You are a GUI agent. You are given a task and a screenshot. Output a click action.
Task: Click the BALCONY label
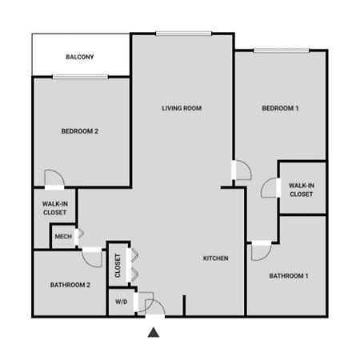click(80, 57)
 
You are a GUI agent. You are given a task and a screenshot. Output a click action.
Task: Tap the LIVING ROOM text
click(182, 108)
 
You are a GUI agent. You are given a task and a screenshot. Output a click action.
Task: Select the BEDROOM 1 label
click(280, 108)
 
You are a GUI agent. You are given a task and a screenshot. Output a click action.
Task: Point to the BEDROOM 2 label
click(80, 131)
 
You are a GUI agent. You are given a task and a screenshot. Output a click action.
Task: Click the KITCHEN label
click(215, 258)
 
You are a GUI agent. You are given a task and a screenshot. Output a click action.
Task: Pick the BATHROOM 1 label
click(289, 276)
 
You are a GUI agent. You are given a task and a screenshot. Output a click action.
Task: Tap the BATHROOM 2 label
click(70, 285)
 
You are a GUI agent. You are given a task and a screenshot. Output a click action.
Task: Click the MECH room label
click(63, 237)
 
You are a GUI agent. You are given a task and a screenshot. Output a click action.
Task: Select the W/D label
click(121, 302)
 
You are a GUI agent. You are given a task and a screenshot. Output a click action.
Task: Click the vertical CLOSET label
click(118, 266)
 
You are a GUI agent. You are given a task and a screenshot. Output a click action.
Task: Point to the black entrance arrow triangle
click(154, 333)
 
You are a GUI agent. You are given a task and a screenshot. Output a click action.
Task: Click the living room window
click(184, 34)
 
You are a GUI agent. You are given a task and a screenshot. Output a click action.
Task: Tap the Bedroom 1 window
click(282, 50)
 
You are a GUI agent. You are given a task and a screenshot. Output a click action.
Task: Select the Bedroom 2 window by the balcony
click(80, 77)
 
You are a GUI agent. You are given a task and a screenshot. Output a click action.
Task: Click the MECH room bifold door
click(81, 234)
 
